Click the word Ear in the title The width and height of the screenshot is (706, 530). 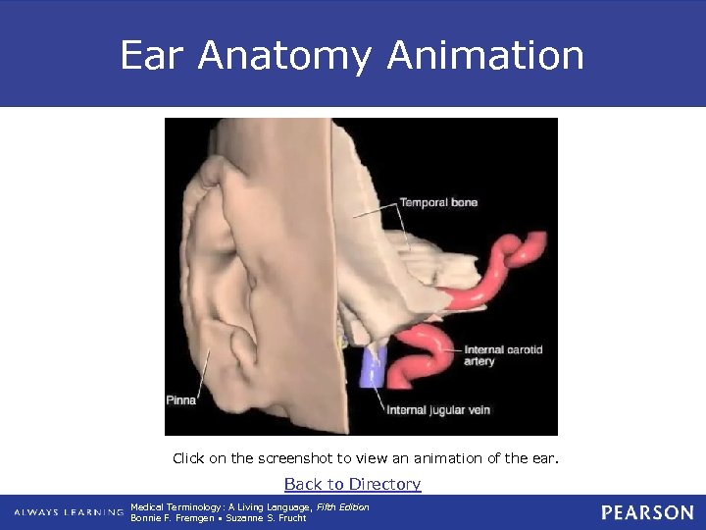(x=151, y=56)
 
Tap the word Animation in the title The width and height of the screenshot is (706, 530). (x=485, y=56)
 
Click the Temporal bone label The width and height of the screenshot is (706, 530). (x=438, y=203)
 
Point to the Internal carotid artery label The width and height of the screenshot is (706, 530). (x=503, y=355)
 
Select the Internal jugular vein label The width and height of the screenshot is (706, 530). (x=438, y=409)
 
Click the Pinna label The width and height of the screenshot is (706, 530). (x=180, y=400)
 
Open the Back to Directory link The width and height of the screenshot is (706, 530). (x=352, y=484)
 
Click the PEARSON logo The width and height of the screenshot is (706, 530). (x=647, y=512)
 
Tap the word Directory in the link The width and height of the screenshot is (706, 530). (x=385, y=484)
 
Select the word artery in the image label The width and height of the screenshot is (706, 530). (x=479, y=362)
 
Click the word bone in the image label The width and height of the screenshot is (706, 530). (x=464, y=203)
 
